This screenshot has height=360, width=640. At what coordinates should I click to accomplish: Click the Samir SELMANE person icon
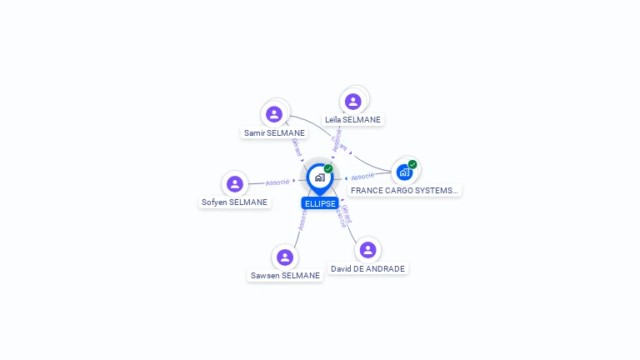(274, 114)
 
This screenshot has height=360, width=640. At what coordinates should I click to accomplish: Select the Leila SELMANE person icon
(352, 102)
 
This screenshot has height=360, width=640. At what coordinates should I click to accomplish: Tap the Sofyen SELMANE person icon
(234, 184)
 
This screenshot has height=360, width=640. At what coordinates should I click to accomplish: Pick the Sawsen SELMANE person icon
(285, 257)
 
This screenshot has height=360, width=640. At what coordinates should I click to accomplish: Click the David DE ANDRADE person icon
(367, 250)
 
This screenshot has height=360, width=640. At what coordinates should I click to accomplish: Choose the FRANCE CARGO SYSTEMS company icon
(404, 172)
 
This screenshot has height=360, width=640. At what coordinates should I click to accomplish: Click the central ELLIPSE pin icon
(319, 177)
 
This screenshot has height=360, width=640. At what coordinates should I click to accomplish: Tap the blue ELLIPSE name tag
(320, 203)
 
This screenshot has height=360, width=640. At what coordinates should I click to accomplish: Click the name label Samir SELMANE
(274, 132)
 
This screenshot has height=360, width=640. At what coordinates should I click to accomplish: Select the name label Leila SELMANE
(352, 119)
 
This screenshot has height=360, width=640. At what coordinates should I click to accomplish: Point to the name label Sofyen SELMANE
(234, 202)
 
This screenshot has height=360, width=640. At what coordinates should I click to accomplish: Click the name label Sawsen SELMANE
(285, 276)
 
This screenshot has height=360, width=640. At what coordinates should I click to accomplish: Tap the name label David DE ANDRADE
(367, 269)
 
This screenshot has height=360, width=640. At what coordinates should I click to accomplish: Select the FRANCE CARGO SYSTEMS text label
(404, 190)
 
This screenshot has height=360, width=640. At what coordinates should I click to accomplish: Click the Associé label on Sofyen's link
(277, 182)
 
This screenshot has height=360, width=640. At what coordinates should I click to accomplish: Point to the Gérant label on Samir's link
(296, 147)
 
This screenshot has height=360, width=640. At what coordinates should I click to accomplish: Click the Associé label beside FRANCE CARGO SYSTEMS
(362, 177)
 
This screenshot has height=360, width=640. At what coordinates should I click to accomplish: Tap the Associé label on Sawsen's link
(302, 218)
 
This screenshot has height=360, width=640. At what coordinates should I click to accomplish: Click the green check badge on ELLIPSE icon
(328, 169)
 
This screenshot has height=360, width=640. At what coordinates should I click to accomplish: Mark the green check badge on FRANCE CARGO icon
(412, 164)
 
